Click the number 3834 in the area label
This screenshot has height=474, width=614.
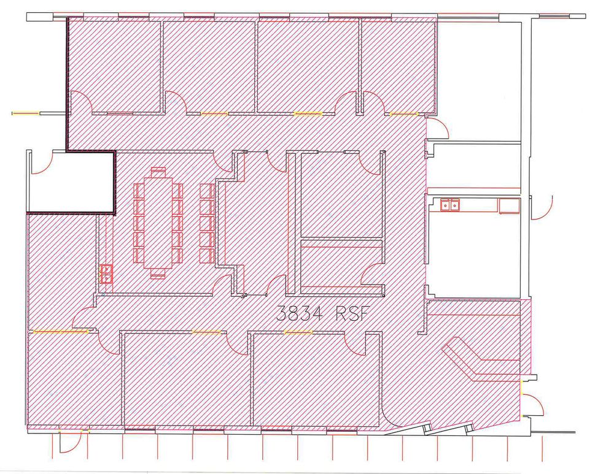tap(299, 313)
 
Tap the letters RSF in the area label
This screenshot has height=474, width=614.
tap(353, 313)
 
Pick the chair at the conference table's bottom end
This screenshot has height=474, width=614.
tap(158, 273)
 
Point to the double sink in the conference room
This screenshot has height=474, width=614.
tap(107, 273)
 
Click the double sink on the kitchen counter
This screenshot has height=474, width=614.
tap(450, 205)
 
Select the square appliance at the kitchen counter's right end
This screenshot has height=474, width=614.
tap(509, 205)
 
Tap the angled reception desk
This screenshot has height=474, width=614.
tap(481, 359)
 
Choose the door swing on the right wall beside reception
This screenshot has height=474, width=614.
tap(534, 405)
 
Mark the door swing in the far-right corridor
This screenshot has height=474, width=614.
tap(542, 207)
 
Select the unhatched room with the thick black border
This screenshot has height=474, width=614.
tap(71, 182)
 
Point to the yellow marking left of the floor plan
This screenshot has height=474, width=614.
tap(26, 113)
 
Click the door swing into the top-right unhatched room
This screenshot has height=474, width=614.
tap(438, 128)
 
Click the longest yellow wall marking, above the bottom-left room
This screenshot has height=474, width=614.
tap(61, 332)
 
